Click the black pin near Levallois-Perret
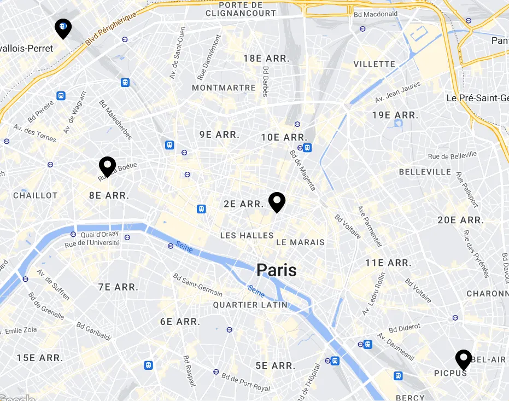tap(63, 28)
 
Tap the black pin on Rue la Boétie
tap(107, 166)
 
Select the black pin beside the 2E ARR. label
tap(277, 202)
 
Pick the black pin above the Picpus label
tap(464, 359)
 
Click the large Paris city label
tap(277, 270)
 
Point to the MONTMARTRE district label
tap(224, 88)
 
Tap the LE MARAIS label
tap(300, 242)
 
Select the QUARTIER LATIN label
tap(250, 305)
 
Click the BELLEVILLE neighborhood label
tap(425, 172)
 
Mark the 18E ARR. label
tap(266, 59)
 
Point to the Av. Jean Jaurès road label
tap(397, 92)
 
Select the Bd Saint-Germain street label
tap(197, 284)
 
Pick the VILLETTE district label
tap(374, 64)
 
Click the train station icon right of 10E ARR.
tap(308, 148)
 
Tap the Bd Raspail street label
tap(189, 371)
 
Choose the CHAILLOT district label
tap(35, 195)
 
